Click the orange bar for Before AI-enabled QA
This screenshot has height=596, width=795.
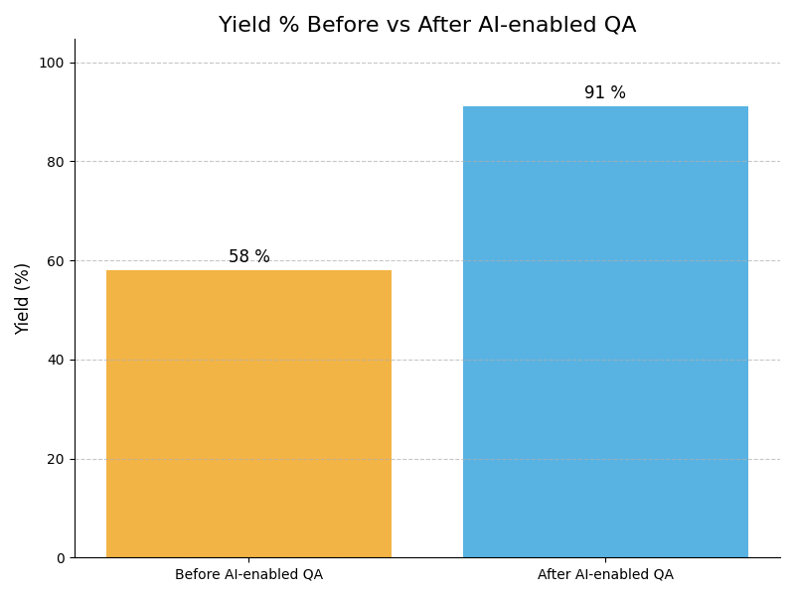coord(248,413)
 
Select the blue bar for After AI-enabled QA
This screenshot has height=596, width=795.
coord(605,332)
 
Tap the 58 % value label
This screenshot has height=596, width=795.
coord(248,256)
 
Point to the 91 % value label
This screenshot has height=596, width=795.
coord(605,93)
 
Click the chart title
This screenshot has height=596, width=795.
coord(427,25)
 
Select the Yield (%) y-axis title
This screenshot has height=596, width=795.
coord(22,298)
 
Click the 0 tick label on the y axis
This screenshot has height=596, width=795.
coord(60,558)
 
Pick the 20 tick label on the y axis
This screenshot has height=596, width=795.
coord(56,459)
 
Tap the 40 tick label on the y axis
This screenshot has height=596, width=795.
coord(56,360)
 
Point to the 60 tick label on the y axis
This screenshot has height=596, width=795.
coord(56,260)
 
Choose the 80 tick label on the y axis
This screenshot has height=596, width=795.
coord(56,162)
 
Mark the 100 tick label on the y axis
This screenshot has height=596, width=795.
coord(52,63)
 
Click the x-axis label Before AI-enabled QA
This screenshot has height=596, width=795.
coord(248,574)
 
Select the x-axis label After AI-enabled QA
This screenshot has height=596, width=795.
coord(605,574)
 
